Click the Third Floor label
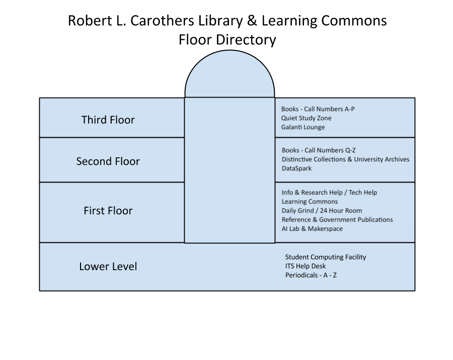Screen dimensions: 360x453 (x=108, y=120)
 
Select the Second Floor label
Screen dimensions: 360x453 (x=108, y=161)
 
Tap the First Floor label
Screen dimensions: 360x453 (x=108, y=211)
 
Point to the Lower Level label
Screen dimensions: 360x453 (x=108, y=266)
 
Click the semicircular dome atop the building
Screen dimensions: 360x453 (x=230, y=75)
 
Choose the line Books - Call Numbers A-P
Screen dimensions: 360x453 (x=318, y=109)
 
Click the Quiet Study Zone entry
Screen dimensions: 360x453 (x=307, y=118)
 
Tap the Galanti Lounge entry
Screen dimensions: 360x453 (x=303, y=127)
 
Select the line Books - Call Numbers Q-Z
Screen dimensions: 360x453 (x=319, y=150)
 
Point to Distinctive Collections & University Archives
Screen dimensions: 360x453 (x=345, y=159)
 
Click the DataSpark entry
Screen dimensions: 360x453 (x=296, y=168)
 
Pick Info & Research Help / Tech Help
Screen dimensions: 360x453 (x=329, y=193)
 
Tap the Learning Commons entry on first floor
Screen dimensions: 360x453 (x=310, y=202)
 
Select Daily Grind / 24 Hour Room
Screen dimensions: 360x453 (x=322, y=211)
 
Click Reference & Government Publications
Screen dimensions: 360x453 (x=337, y=220)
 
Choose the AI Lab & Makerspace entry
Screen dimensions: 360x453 (x=312, y=229)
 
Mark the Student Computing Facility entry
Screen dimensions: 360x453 (x=326, y=257)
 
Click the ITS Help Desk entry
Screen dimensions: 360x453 (x=306, y=266)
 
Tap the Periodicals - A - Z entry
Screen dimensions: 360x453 (x=311, y=275)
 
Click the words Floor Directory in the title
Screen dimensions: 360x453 (x=227, y=40)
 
